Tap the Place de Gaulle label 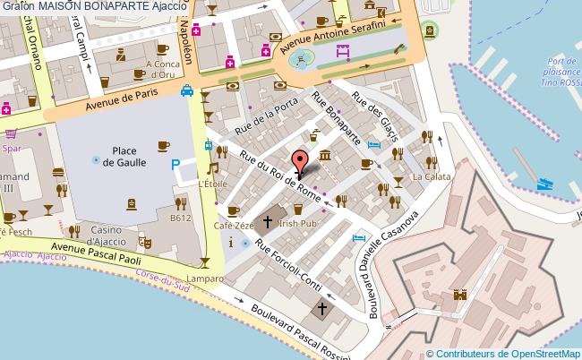pyautogui.click(x=124, y=156)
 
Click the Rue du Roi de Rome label pyautogui.click(x=279, y=175)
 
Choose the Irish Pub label pyautogui.click(x=298, y=222)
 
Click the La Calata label pyautogui.click(x=425, y=177)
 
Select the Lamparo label pyautogui.click(x=206, y=279)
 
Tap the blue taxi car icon pyautogui.click(x=186, y=90)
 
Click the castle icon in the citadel pyautogui.click(x=461, y=295)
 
